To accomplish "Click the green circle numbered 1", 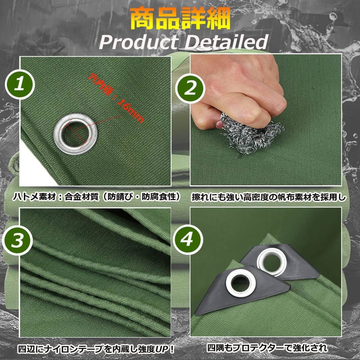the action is pyautogui.click(x=20, y=85).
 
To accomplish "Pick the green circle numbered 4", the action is pyautogui.click(x=188, y=239).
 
